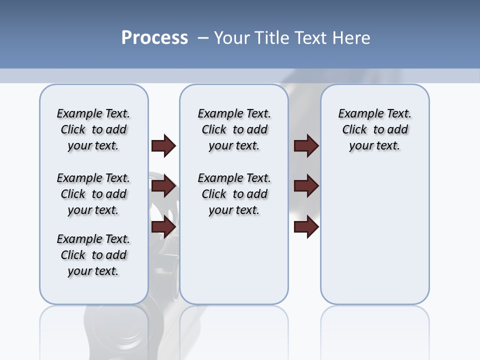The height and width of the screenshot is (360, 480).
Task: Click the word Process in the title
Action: pos(154,37)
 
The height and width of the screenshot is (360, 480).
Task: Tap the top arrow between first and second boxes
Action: pos(163,145)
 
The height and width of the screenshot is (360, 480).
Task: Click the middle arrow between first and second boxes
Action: pos(163,186)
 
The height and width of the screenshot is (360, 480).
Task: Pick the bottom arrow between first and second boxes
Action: pos(163,227)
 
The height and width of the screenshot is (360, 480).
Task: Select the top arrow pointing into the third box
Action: pos(306,145)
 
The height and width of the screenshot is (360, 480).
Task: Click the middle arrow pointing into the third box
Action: pos(306,186)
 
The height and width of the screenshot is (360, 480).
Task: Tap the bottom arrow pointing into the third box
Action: pos(306,227)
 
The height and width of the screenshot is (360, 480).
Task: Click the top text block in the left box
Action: pos(93,129)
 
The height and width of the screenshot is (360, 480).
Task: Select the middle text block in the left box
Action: pos(93,194)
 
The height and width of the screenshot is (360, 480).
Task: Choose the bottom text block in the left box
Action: pos(93,255)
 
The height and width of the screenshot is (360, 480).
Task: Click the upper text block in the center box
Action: pos(234,129)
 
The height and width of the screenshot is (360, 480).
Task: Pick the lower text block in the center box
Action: pos(234,194)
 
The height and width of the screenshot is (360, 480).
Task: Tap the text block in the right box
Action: pos(374,129)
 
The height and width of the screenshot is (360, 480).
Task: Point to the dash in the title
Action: pos(203,38)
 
